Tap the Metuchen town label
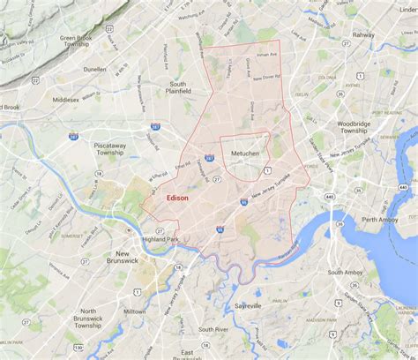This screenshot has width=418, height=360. pos(244,154)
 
